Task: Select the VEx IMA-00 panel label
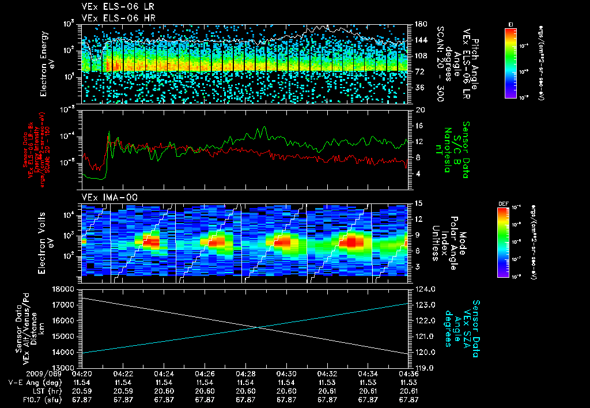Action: (x=104, y=197)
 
